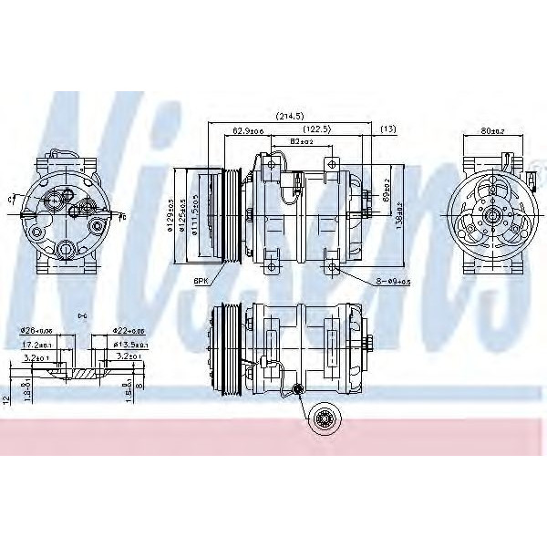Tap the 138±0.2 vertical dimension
398,219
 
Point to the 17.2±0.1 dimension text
36,345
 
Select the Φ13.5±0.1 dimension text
130,345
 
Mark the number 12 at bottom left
5,398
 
